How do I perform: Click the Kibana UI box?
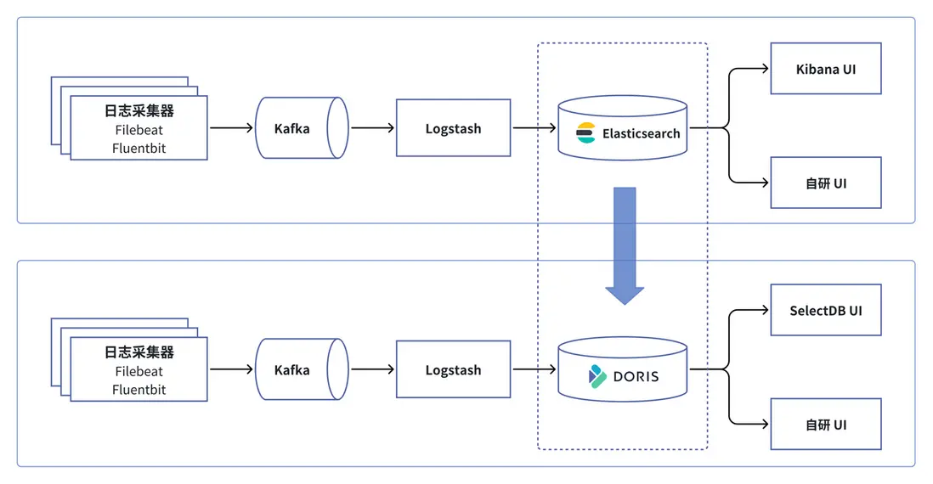tap(825, 69)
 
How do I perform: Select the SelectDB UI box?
tap(825, 310)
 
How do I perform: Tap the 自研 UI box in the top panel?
tap(825, 183)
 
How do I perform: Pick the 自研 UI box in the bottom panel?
tap(825, 424)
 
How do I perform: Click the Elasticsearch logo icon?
tap(586, 133)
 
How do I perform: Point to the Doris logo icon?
tap(597, 375)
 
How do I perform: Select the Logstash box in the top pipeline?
tap(453, 128)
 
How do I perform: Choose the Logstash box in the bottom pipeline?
tap(453, 369)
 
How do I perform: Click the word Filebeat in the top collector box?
tap(139, 130)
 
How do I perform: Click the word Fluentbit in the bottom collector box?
tap(139, 390)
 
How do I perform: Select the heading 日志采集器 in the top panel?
tap(139, 111)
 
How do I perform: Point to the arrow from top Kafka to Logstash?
tap(372, 128)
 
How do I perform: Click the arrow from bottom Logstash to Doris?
tap(534, 369)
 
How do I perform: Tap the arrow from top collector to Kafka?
tap(231, 128)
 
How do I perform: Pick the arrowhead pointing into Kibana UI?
tap(764, 69)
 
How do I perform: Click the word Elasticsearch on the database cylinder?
tap(642, 133)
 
